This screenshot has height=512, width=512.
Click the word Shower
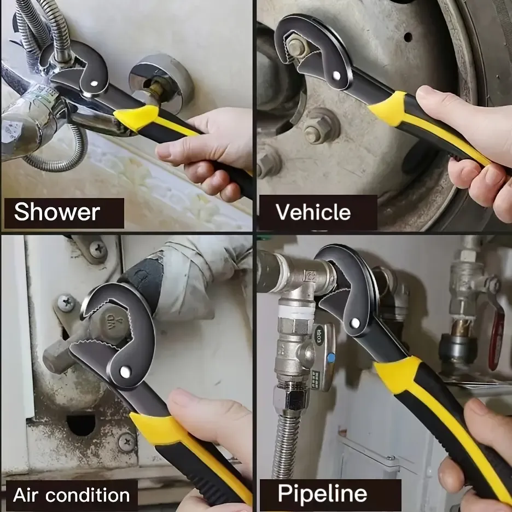[x=57, y=212]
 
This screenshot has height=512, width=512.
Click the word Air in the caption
[x=26, y=495]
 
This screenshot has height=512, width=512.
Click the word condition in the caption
[x=88, y=495]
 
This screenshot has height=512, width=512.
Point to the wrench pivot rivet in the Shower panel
[x=94, y=83]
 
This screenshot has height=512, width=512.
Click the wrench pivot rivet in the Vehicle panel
[x=336, y=75]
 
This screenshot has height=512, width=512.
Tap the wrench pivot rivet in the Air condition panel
[x=125, y=371]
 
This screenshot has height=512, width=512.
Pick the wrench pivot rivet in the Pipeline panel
[x=355, y=323]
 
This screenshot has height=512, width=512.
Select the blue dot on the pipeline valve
[x=331, y=358]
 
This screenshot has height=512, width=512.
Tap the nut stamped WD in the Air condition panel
[x=110, y=322]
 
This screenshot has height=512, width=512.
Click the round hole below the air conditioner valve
[x=81, y=425]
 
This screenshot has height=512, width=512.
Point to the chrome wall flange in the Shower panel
[x=161, y=82]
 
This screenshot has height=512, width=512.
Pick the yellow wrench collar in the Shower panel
[x=136, y=118]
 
